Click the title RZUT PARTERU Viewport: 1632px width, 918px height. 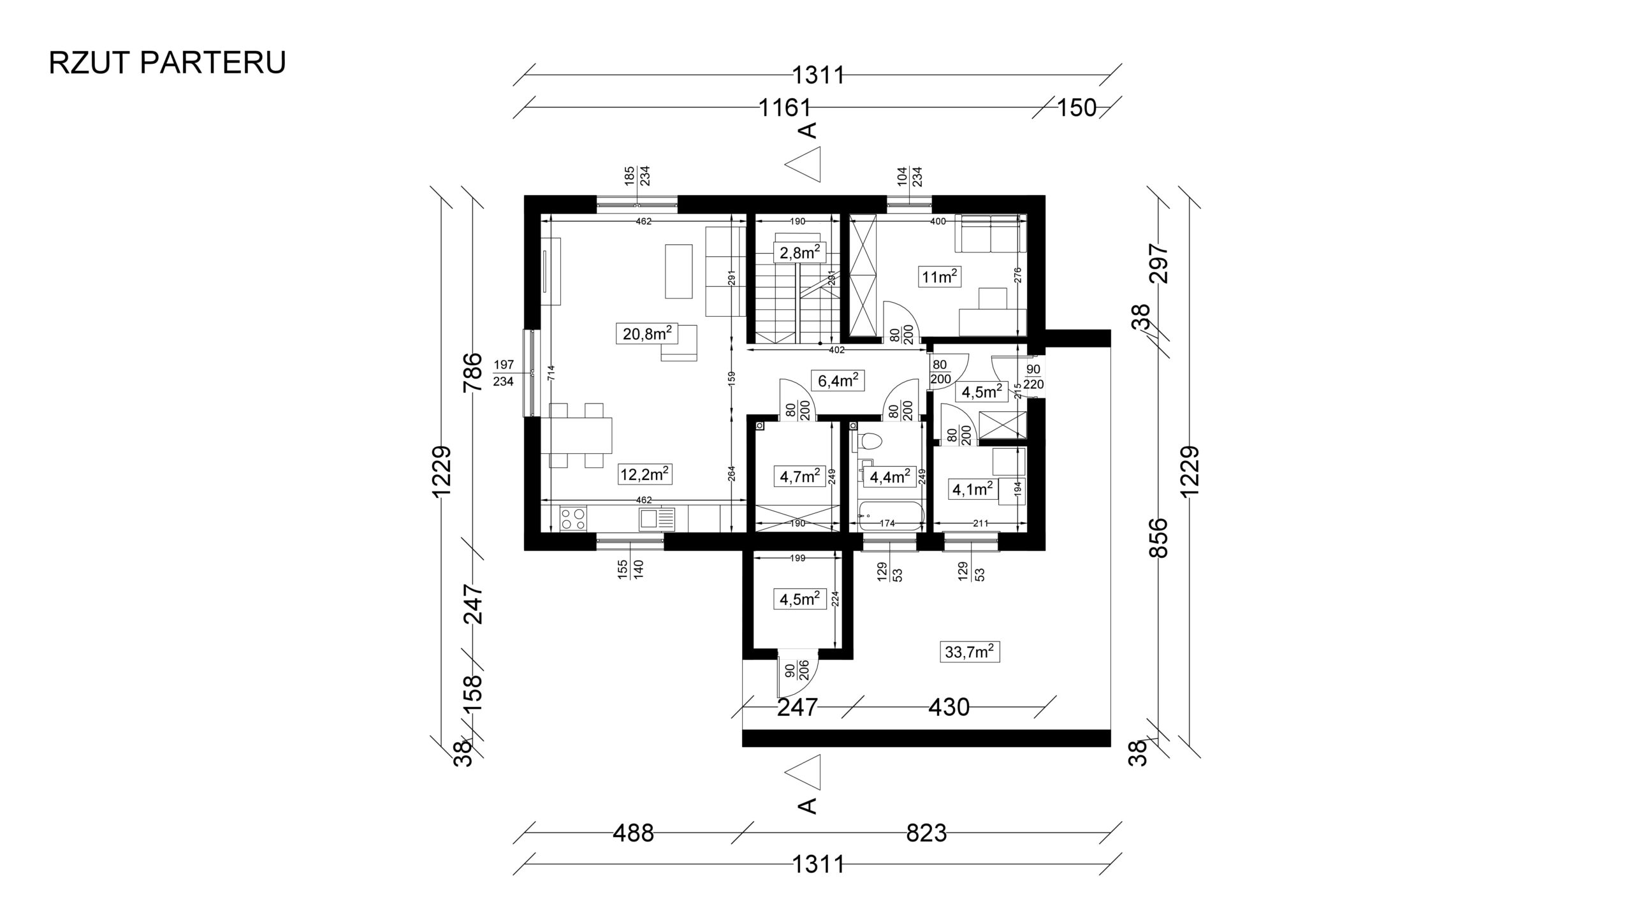point(167,62)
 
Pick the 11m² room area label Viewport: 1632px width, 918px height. point(940,277)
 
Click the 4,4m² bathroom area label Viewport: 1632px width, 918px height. point(889,477)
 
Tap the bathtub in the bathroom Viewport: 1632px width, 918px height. point(890,516)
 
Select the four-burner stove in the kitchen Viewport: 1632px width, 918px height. point(126,518)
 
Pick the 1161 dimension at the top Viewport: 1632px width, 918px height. point(784,108)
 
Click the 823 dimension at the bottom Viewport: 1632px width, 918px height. point(926,833)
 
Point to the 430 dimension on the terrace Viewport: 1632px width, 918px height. point(949,707)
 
